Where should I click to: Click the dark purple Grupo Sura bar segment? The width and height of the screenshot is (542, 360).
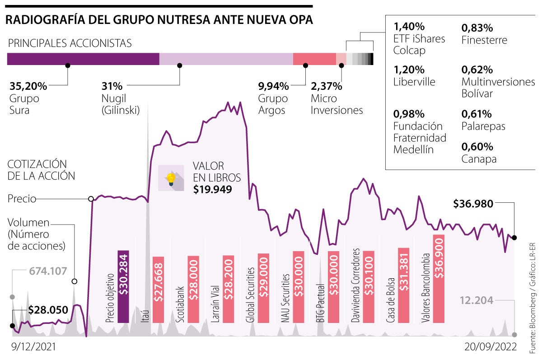pos(83,59)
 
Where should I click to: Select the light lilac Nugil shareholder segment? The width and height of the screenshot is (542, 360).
pos(226,59)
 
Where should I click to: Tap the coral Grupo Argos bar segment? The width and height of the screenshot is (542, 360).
pos(314,59)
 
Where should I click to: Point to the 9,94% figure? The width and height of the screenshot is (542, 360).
pos(273,86)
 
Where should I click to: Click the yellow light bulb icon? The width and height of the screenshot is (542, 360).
pos(171,178)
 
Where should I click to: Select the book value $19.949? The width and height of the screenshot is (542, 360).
pos(212,189)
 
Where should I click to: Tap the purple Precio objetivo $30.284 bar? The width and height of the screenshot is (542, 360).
pos(123,286)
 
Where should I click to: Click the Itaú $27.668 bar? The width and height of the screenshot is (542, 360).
pos(158,290)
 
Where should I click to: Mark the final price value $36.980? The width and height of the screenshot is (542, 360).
pos(479,204)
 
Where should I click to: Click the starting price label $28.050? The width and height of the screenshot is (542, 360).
pos(48,310)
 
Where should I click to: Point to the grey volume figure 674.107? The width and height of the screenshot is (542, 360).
pos(48,271)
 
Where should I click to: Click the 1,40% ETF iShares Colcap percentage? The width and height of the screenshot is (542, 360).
pos(409,27)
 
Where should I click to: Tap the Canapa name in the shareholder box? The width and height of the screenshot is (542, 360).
pos(479,159)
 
